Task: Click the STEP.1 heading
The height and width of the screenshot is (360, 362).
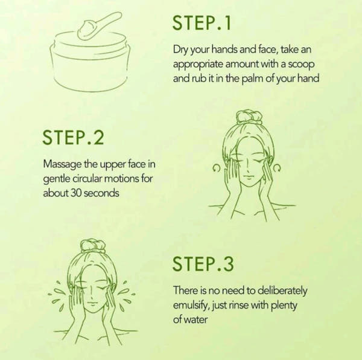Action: [x=202, y=23]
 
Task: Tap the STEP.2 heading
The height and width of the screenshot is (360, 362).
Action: [x=74, y=138]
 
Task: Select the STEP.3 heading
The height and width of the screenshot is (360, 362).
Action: [x=203, y=263]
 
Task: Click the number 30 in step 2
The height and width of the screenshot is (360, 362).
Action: [x=74, y=194]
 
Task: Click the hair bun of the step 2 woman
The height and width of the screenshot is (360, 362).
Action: [x=248, y=117]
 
